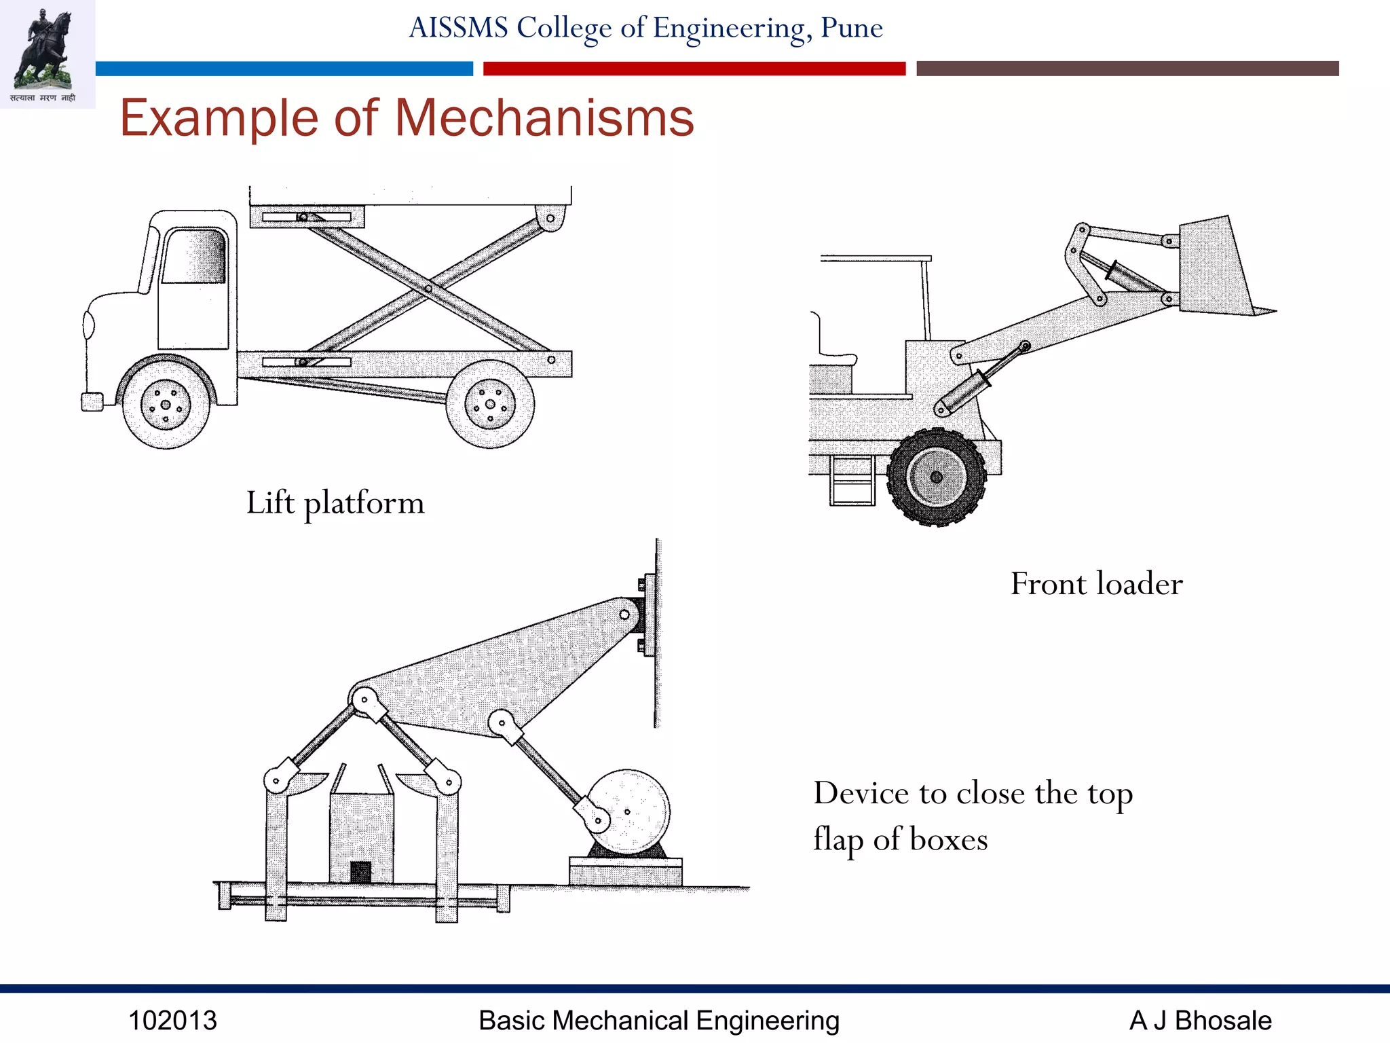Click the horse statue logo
point(46,51)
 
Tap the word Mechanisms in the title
point(544,118)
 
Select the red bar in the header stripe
point(694,69)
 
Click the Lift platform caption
point(335,503)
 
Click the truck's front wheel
point(166,405)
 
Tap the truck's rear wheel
point(490,405)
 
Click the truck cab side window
point(194,257)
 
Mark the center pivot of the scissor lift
point(428,289)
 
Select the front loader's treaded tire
point(937,477)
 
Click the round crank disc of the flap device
point(628,811)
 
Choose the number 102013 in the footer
point(172,1021)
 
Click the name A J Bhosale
point(1200,1021)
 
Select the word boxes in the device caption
point(948,840)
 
